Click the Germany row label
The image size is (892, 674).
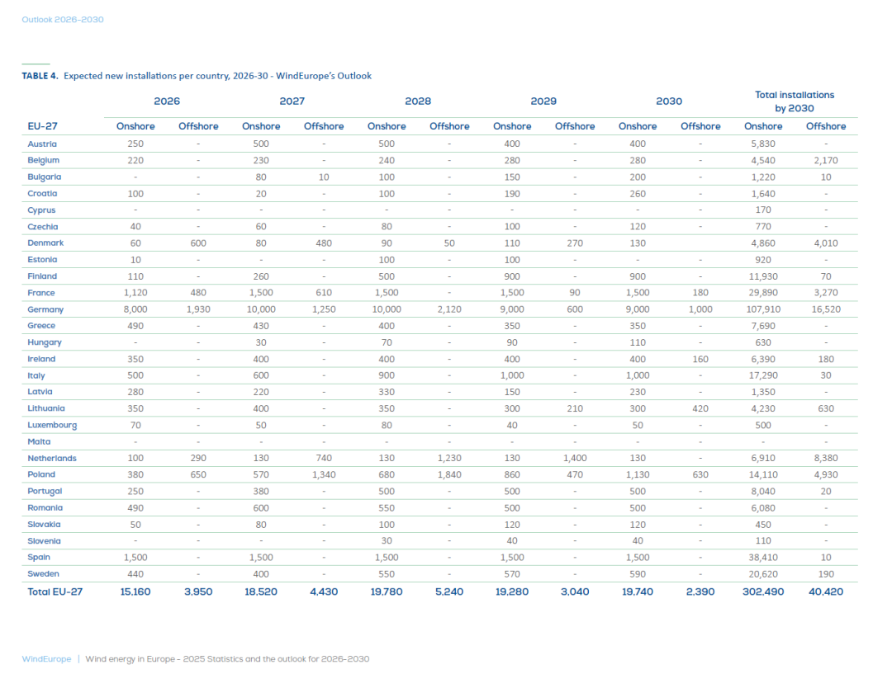[x=45, y=309]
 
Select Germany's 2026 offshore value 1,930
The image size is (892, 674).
[x=198, y=309]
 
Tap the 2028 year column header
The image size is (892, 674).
[x=418, y=101]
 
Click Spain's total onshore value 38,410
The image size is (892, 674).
[x=763, y=557]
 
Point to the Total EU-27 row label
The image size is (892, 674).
[x=55, y=591]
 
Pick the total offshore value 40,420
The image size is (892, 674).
[x=826, y=591]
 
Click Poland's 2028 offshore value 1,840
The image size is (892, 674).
[x=449, y=474]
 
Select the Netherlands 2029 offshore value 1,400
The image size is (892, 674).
[x=575, y=458]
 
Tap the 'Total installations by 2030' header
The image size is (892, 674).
[x=795, y=101]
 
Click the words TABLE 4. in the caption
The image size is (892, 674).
[x=40, y=76]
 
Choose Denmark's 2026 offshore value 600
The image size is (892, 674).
[x=198, y=243]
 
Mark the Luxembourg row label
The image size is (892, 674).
[x=52, y=425]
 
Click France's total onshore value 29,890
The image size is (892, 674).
[x=763, y=293]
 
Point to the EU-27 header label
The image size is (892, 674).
[x=42, y=126]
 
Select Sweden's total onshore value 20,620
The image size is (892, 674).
[x=763, y=573]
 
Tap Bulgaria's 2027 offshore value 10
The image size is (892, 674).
[x=324, y=177]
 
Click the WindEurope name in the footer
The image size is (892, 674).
[x=45, y=659]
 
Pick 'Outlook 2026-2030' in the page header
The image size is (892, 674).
[x=63, y=19]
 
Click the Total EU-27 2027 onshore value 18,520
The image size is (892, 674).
[x=261, y=591]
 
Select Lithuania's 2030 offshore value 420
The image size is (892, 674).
[x=700, y=408]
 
